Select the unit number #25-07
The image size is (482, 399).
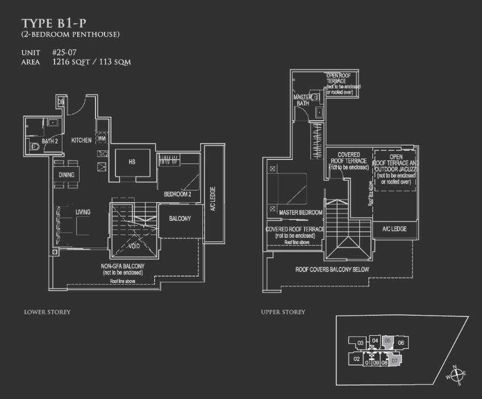click(x=64, y=52)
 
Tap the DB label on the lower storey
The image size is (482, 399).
click(x=61, y=102)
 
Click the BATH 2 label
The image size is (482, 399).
click(x=50, y=141)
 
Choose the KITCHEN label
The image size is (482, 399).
click(x=81, y=140)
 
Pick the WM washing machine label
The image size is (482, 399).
click(x=102, y=138)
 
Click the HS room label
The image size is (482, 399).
click(x=132, y=162)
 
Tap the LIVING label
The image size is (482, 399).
click(x=82, y=212)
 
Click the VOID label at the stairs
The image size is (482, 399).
click(x=134, y=246)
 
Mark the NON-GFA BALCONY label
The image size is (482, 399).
click(x=123, y=266)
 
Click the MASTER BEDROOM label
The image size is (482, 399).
click(x=301, y=212)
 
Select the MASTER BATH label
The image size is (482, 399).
click(x=301, y=100)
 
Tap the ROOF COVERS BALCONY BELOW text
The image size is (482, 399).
click(x=332, y=269)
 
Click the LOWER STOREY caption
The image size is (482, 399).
click(x=47, y=312)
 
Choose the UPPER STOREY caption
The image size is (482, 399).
click(x=282, y=312)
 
